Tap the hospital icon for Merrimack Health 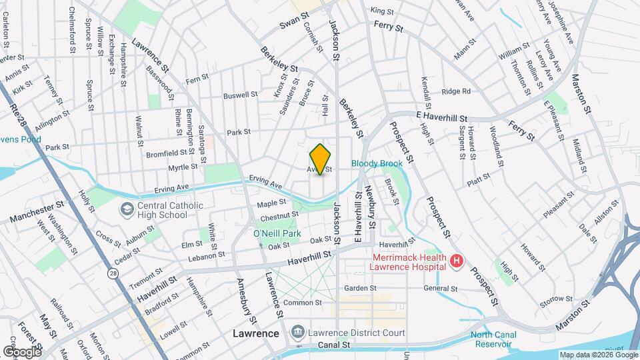(x=457, y=261)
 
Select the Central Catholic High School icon (x=125, y=210)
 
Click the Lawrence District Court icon (x=297, y=332)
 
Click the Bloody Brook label (x=377, y=163)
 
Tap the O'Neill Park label (x=277, y=233)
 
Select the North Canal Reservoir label (x=494, y=340)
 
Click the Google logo (x=21, y=351)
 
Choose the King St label (x=382, y=11)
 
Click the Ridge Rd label (x=456, y=91)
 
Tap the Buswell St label (x=240, y=95)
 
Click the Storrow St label (x=553, y=301)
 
